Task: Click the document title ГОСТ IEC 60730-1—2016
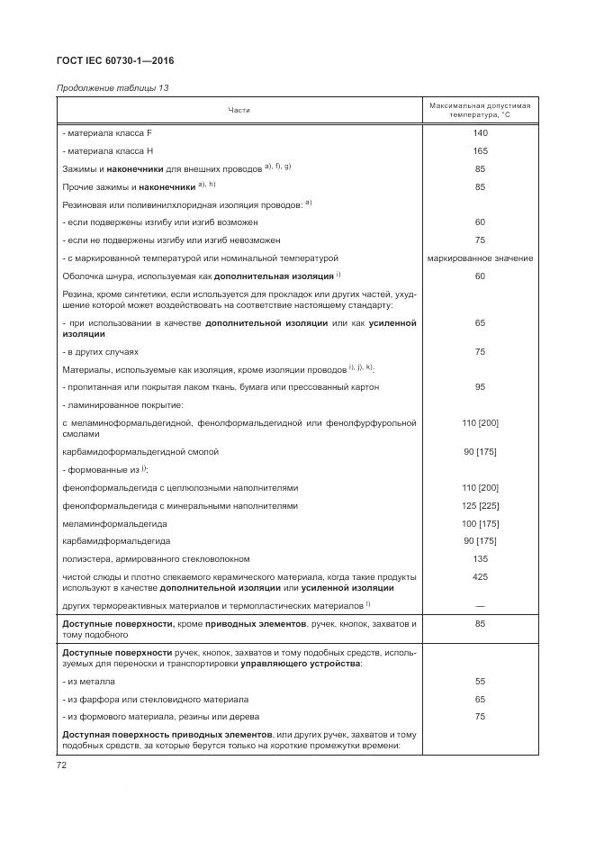pos(115,60)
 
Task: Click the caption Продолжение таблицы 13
pos(113,88)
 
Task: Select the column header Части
pos(239,110)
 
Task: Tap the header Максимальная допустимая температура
pos(480,110)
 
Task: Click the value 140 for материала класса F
pos(480,133)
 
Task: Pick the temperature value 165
pos(480,151)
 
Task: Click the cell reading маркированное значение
pos(480,258)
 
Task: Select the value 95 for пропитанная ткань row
pos(480,387)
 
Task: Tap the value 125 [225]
pos(480,506)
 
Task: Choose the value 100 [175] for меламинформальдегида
pos(480,523)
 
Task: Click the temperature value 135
pos(480,558)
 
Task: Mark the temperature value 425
pos(480,576)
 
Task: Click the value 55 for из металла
pos(480,682)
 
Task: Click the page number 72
pos(63,765)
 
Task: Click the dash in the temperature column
pos(480,604)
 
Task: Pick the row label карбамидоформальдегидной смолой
pos(140,451)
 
